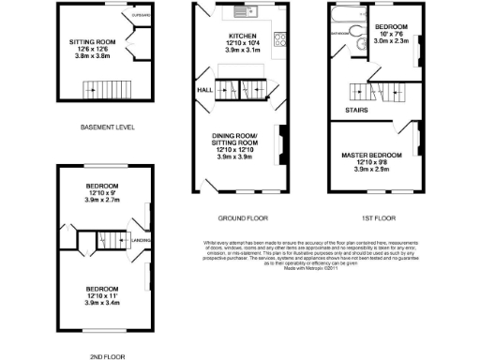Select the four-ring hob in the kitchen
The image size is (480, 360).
point(279,38)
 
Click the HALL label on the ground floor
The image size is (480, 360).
point(204,90)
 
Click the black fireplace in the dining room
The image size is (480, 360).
point(278,138)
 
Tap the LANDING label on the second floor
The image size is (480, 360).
point(142,239)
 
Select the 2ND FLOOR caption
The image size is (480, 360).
point(102,355)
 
